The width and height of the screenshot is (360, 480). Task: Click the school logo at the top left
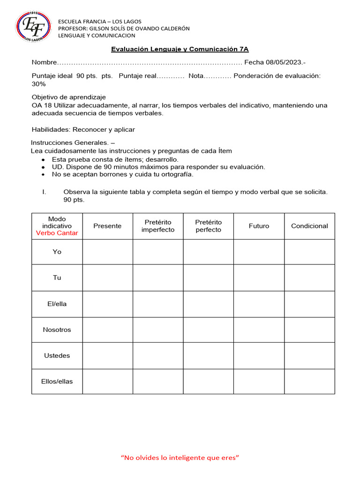[31, 26]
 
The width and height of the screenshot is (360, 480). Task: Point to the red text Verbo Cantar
[57, 233]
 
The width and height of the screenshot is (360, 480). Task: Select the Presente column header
[107, 226]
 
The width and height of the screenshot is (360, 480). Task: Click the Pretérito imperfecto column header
[158, 226]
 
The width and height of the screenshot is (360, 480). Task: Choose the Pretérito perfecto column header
[208, 226]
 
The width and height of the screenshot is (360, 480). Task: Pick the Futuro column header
[259, 226]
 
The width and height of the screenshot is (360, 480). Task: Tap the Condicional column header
[309, 226]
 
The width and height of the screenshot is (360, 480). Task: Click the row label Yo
[57, 252]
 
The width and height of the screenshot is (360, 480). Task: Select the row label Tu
[57, 277]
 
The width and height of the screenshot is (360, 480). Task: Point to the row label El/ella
[57, 304]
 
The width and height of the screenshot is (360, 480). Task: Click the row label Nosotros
[57, 330]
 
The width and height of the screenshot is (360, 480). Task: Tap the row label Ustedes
[57, 355]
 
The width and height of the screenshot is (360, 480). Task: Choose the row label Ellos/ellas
[57, 381]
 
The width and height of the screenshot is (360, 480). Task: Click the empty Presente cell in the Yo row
[107, 252]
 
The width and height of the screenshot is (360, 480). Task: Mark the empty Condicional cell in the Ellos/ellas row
[309, 381]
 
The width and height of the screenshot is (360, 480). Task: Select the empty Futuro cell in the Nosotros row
[259, 330]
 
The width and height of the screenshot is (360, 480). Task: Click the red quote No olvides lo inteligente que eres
[180, 457]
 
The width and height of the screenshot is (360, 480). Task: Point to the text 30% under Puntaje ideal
[38, 84]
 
